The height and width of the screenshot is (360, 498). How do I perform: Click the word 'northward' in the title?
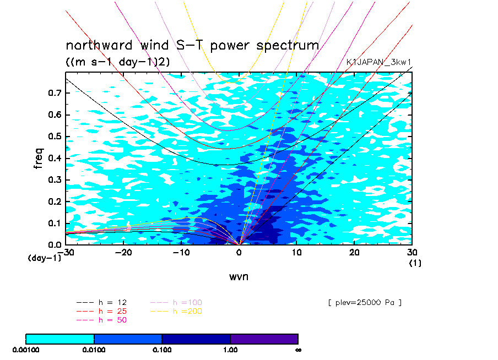click(99, 45)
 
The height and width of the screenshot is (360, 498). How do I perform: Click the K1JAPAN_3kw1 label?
click(378, 62)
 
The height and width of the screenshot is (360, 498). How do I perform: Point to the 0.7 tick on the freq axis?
click(55, 93)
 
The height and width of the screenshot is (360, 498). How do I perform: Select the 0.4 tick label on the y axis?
click(55, 158)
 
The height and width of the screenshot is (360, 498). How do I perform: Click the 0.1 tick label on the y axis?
click(55, 223)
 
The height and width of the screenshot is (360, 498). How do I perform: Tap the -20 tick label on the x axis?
click(123, 252)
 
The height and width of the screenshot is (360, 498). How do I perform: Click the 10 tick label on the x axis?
click(296, 252)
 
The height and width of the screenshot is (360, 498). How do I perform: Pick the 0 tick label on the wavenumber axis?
click(239, 252)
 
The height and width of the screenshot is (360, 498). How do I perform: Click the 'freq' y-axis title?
click(39, 158)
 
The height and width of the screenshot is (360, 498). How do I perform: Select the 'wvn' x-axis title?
click(239, 277)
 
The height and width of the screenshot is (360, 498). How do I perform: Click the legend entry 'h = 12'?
click(101, 303)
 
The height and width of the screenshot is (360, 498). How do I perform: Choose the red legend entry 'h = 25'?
click(101, 311)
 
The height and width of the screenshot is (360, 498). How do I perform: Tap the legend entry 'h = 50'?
click(101, 320)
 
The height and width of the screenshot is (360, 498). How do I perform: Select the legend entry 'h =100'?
click(176, 303)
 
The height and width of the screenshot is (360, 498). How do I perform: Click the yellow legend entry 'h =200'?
click(176, 311)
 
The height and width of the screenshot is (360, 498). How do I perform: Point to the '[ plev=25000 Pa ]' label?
click(365, 303)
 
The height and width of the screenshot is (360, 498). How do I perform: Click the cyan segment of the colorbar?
click(60, 339)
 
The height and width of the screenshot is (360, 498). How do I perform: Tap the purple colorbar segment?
click(264, 339)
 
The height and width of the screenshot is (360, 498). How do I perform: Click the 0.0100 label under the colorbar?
click(94, 350)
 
